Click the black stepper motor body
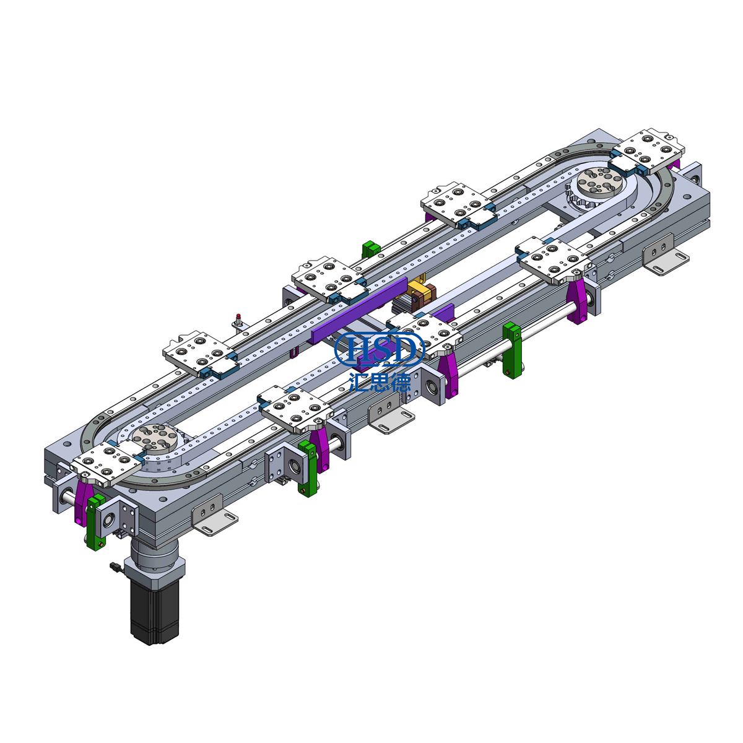154,610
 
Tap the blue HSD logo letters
380,349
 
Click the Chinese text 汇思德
380,381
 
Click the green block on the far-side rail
370,249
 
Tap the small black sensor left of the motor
113,566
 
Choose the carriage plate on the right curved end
647,150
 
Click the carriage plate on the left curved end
105,464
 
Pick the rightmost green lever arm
511,350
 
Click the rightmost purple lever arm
578,301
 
